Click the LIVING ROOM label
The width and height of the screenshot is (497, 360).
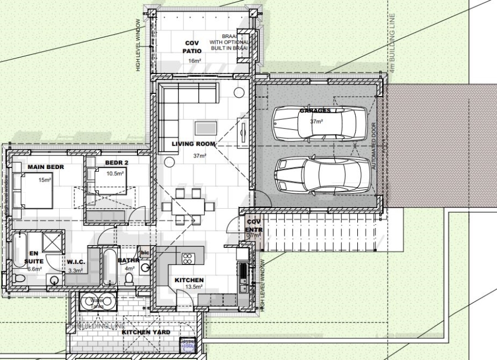(190, 144)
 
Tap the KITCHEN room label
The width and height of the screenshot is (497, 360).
(189, 280)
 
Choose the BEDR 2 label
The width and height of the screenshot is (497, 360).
(116, 162)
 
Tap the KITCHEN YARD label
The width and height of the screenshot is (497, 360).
(146, 332)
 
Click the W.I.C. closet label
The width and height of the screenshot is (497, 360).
(75, 262)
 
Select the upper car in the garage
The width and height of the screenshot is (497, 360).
(319, 122)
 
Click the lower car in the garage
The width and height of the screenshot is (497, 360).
(319, 174)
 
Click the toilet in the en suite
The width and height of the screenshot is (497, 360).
(20, 280)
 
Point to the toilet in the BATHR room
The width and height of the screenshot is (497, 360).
(130, 279)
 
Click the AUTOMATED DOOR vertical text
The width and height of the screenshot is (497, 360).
(373, 146)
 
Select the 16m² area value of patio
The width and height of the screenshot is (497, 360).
(193, 61)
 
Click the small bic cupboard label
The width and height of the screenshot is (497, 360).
(145, 252)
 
